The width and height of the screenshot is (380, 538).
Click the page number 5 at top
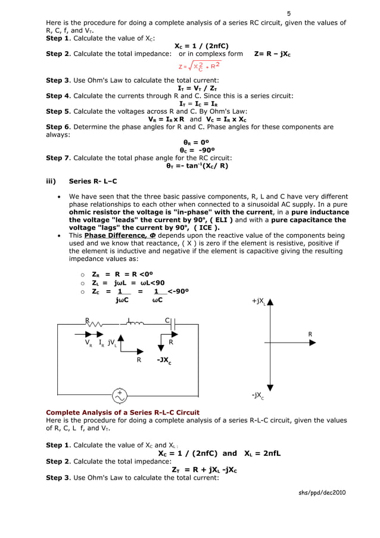coord(289,13)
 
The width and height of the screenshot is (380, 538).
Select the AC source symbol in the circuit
coord(120,394)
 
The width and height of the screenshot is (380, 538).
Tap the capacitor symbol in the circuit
coord(173,325)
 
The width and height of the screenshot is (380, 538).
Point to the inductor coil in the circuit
coord(135,324)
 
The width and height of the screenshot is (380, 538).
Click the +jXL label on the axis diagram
coord(259,302)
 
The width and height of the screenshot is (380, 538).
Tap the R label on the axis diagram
coord(310,334)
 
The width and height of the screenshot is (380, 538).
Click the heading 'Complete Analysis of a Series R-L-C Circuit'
coord(123,412)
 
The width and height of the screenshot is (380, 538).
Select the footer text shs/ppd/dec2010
coord(322,492)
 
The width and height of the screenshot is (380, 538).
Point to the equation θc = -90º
coord(197,150)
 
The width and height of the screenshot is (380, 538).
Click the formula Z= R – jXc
coord(272,54)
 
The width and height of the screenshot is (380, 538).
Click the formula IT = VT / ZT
coord(197,88)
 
